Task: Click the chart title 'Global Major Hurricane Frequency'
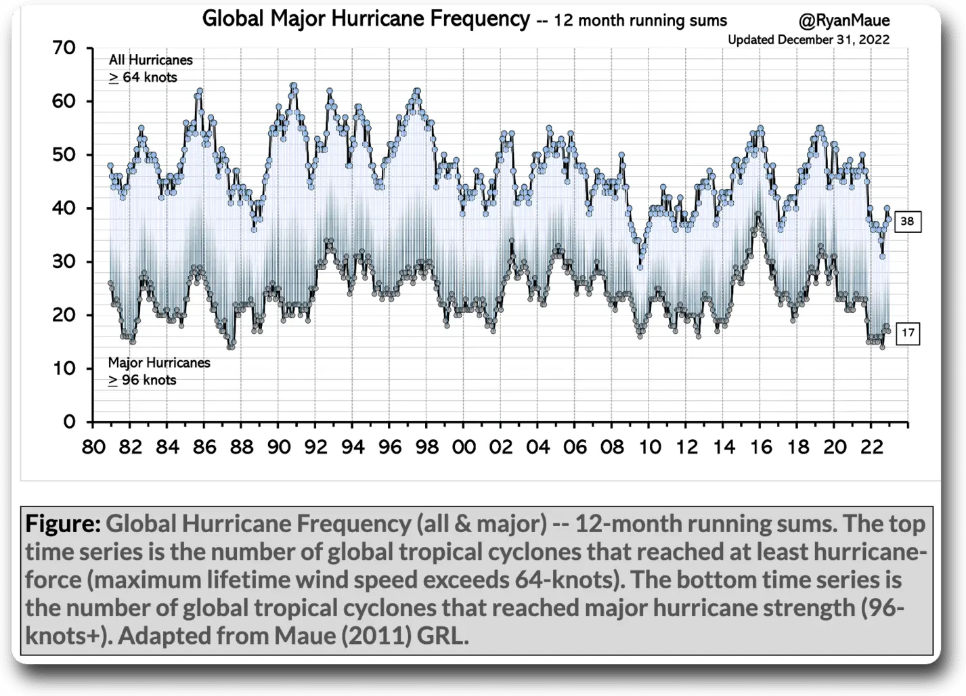366,19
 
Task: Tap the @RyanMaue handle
844,21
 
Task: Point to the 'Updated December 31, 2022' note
808,40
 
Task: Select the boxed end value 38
907,221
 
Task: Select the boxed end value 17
907,333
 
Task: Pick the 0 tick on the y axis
69,422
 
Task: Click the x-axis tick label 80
93,448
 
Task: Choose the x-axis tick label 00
464,448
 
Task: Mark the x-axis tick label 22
872,448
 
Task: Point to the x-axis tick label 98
427,448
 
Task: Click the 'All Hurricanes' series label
151,60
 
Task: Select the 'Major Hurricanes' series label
159,363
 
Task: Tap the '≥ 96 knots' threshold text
142,380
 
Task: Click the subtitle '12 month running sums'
640,21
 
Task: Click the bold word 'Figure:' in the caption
63,523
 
